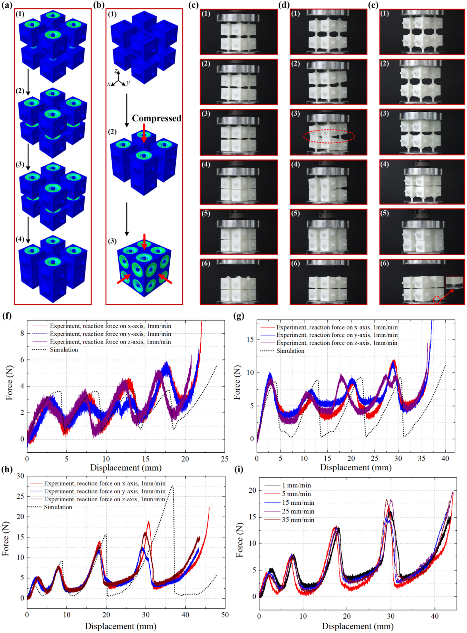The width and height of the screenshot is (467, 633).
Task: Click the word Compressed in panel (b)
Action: (x=157, y=118)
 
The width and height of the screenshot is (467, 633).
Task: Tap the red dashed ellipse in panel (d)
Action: (x=329, y=137)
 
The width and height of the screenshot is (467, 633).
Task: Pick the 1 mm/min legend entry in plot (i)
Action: (x=296, y=485)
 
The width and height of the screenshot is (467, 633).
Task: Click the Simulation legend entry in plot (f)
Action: (x=64, y=350)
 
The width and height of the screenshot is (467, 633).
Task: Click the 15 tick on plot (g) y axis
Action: (x=250, y=339)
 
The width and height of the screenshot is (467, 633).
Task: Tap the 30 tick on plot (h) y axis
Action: (x=20, y=476)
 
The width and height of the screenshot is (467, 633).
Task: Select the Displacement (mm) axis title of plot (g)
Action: (x=356, y=468)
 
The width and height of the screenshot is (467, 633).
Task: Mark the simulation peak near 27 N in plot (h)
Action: (x=172, y=486)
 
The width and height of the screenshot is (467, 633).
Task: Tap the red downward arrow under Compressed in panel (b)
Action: (x=144, y=133)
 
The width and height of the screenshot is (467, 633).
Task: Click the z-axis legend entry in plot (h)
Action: (x=104, y=499)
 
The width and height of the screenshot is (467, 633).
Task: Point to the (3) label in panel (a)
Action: (x=20, y=164)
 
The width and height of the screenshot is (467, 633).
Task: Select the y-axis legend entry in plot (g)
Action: (x=337, y=335)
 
